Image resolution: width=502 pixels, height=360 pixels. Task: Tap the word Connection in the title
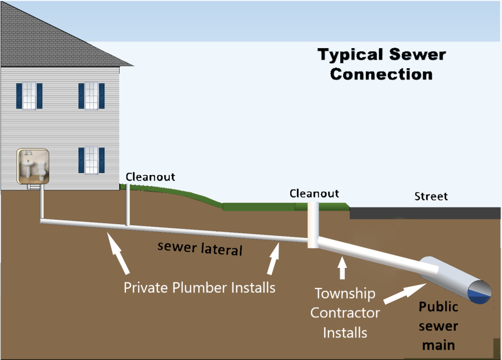(x=381, y=75)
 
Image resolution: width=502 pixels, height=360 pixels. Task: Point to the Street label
(x=431, y=197)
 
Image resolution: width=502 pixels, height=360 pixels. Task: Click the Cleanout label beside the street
(x=314, y=193)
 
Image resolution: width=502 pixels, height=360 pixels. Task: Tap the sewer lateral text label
(x=200, y=248)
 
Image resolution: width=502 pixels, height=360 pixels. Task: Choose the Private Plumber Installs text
(x=199, y=287)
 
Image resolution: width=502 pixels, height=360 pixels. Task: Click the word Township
(x=345, y=294)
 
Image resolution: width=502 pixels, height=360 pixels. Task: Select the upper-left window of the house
(x=29, y=96)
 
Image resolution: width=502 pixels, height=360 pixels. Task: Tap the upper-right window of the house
(x=92, y=96)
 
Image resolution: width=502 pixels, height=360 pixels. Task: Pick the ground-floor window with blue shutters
(x=92, y=160)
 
